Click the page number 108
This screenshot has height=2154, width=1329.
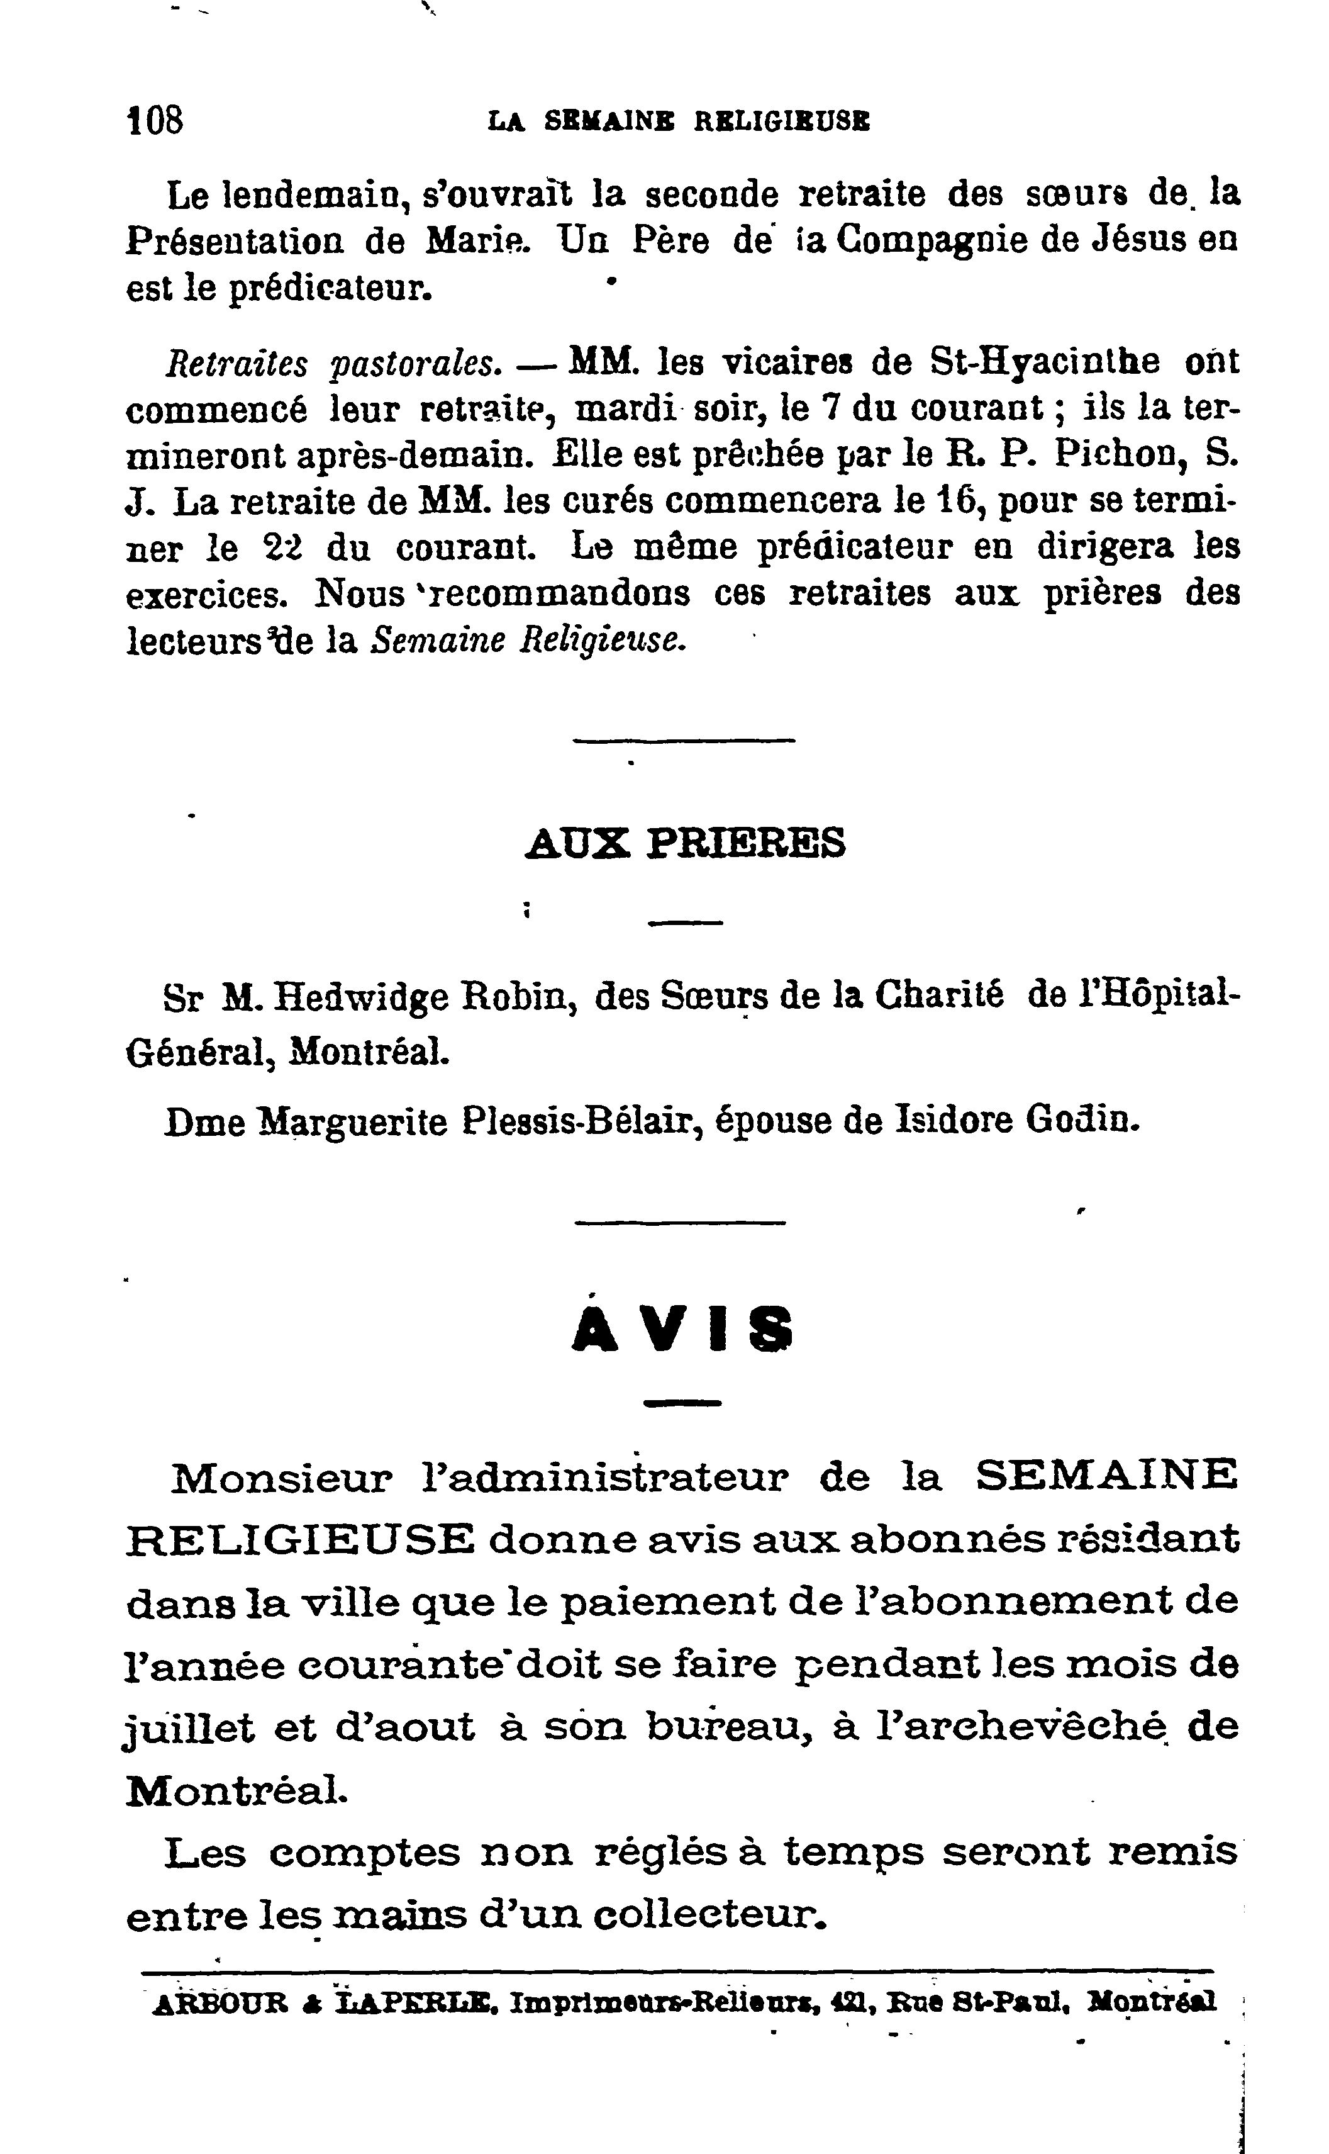[155, 120]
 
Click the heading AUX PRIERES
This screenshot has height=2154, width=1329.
[685, 843]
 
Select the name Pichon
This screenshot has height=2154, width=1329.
[1115, 454]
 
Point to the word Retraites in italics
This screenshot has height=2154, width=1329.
[236, 362]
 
